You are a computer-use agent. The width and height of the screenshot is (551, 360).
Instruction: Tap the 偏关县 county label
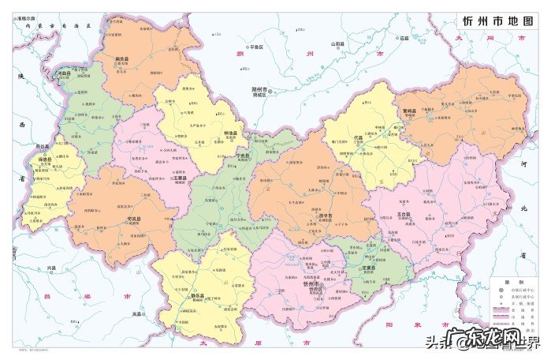(121, 59)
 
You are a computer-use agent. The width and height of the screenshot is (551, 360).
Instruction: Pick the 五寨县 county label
(179, 178)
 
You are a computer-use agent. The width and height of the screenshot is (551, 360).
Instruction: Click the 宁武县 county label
(244, 156)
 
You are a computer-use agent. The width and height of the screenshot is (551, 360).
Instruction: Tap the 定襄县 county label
(368, 268)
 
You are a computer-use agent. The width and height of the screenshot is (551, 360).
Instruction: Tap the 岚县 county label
(136, 314)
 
